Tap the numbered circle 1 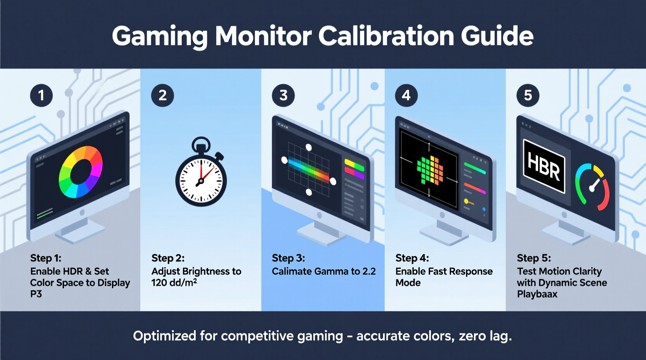pos(41,95)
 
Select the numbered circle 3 pos(283,95)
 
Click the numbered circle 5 pos(528,95)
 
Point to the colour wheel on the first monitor pos(81,172)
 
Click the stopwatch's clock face pos(201,181)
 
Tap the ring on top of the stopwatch pos(201,144)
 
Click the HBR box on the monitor pos(544,166)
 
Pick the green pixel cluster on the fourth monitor pos(430,170)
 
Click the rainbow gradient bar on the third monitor pos(309,170)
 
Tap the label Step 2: pos(168,258)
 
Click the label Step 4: pos(412,258)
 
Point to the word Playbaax pos(537,294)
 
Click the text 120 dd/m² pos(174,283)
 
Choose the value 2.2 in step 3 pos(369,272)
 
